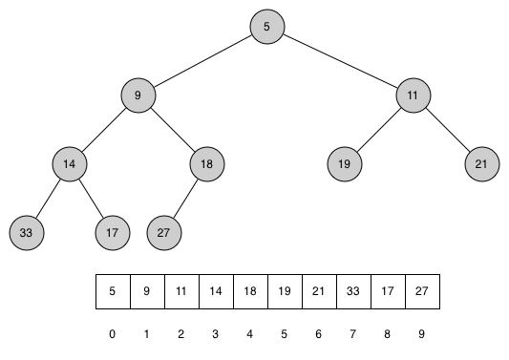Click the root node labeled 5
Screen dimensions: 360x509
click(267, 27)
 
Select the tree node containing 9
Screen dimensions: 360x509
click(138, 95)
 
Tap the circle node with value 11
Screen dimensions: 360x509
click(413, 95)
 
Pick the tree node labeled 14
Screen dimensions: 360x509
click(69, 164)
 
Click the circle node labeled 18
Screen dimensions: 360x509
click(206, 164)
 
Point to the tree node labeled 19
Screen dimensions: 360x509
click(344, 164)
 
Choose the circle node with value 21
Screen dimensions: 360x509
click(481, 164)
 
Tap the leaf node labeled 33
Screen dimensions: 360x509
click(26, 232)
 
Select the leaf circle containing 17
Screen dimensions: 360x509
click(112, 232)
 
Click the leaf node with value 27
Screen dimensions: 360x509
click(164, 232)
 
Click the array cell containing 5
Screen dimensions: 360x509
click(113, 292)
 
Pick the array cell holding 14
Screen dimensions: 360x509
click(216, 292)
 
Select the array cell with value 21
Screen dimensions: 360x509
click(319, 292)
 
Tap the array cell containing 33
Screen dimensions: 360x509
click(353, 292)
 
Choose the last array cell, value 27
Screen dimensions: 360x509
click(422, 292)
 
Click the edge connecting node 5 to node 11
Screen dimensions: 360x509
click(340, 61)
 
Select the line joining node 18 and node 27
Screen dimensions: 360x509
click(185, 199)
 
